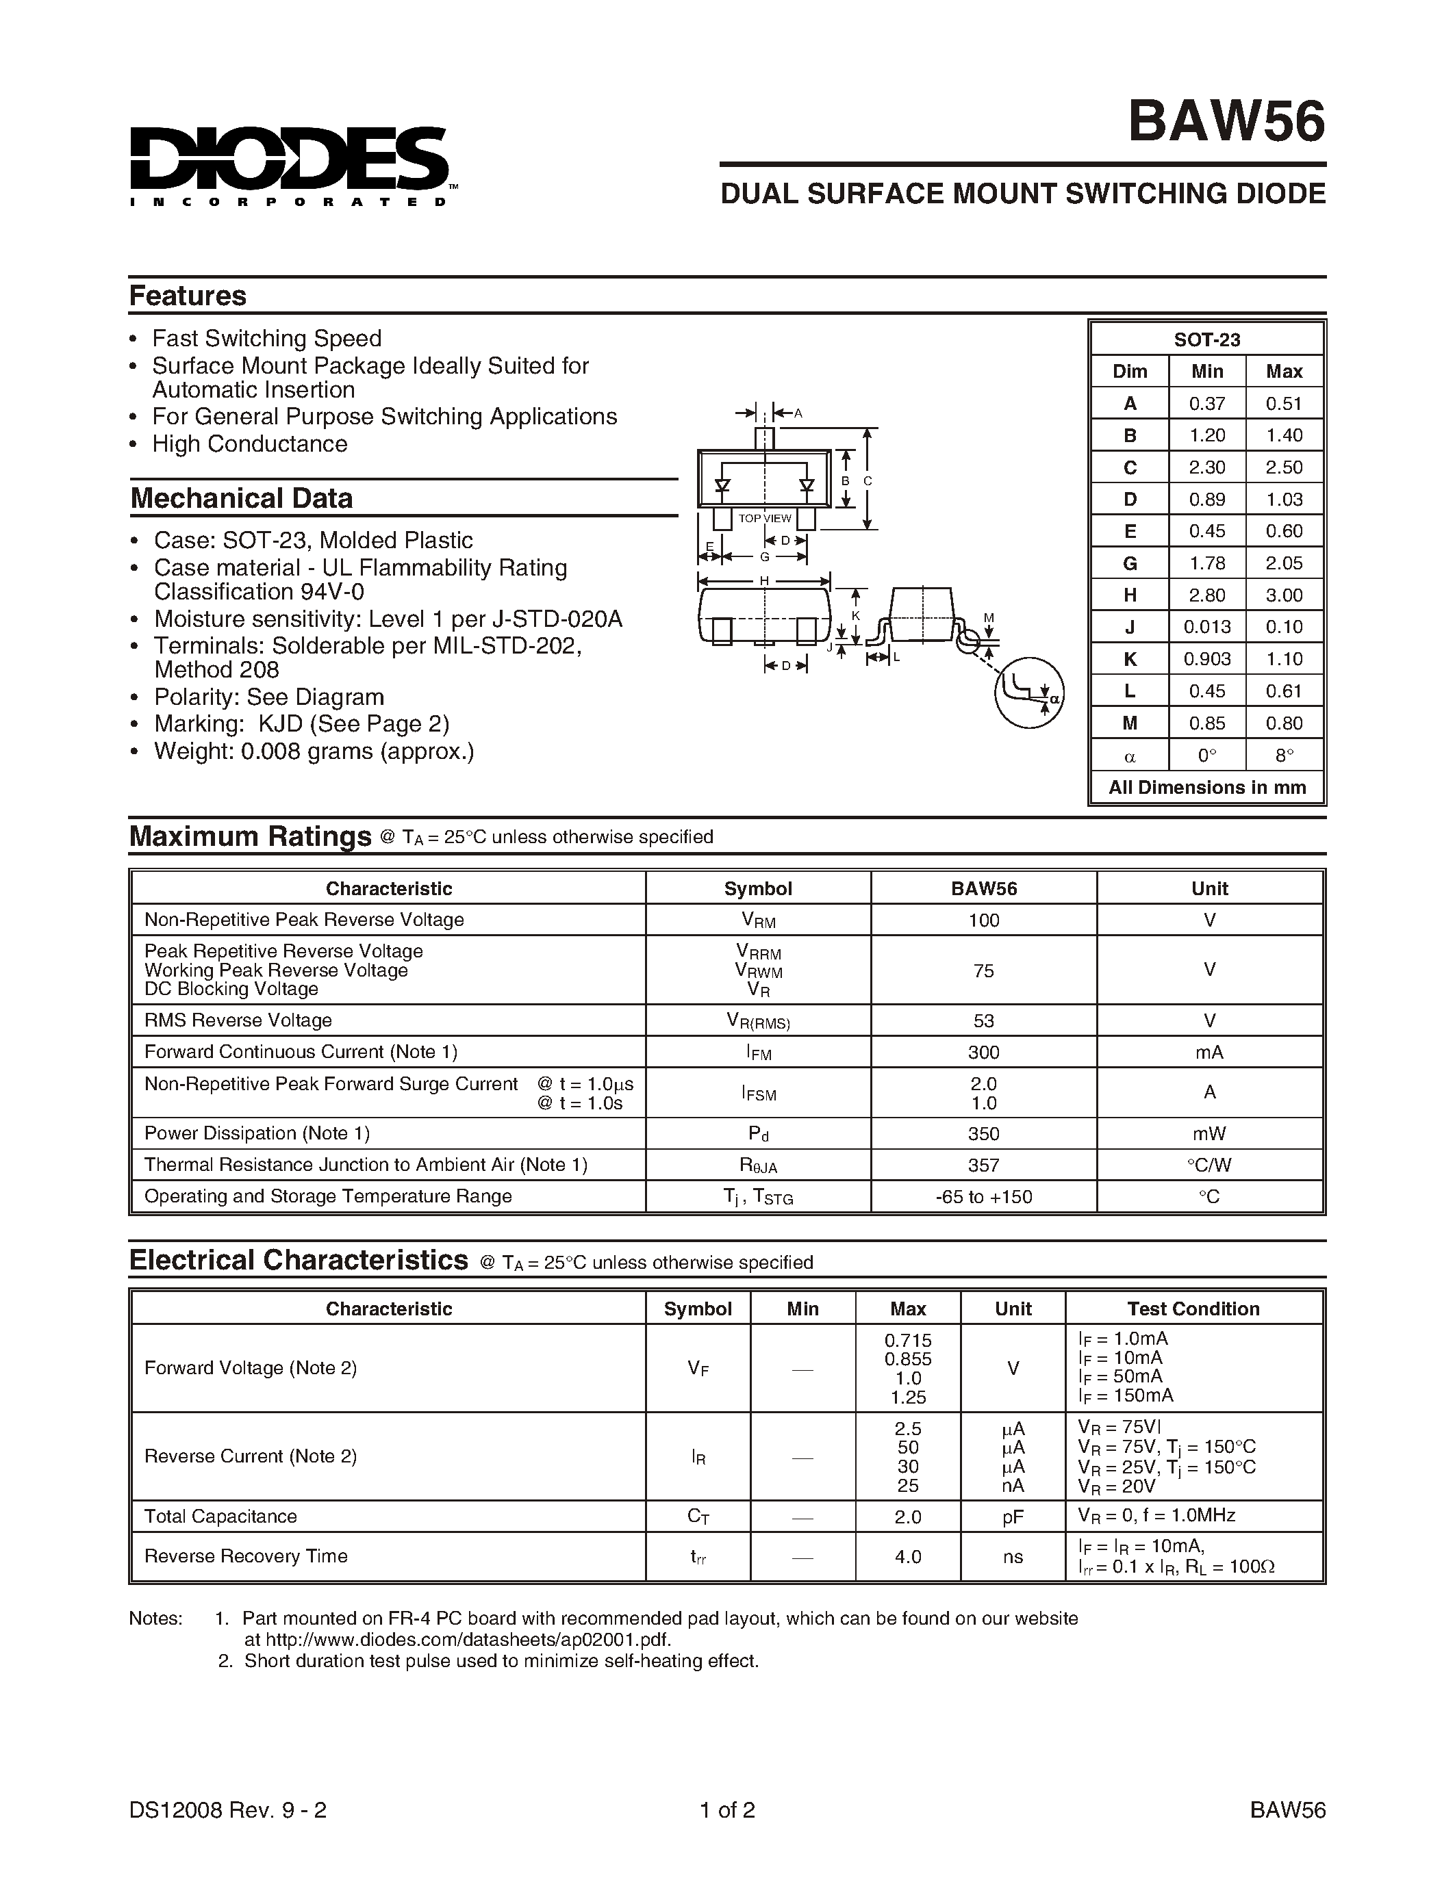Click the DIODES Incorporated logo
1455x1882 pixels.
pos(289,166)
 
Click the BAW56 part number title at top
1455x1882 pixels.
pos(1226,122)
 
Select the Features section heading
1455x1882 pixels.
pos(188,296)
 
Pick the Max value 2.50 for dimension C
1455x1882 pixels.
pos(1283,467)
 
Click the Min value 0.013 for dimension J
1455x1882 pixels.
pos(1206,626)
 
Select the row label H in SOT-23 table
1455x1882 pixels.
pos(1129,595)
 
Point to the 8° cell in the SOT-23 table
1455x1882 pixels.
pos(1283,756)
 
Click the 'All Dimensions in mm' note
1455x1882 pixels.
pos(1206,788)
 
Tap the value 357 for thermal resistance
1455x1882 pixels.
pos(983,1165)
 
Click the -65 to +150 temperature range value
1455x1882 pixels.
pos(983,1197)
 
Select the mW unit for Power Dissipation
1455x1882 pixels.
pos(1209,1133)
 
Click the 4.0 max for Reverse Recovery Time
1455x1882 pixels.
pos(908,1556)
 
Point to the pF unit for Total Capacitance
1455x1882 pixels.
pos(1013,1516)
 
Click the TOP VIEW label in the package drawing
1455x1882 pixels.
pos(765,519)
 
